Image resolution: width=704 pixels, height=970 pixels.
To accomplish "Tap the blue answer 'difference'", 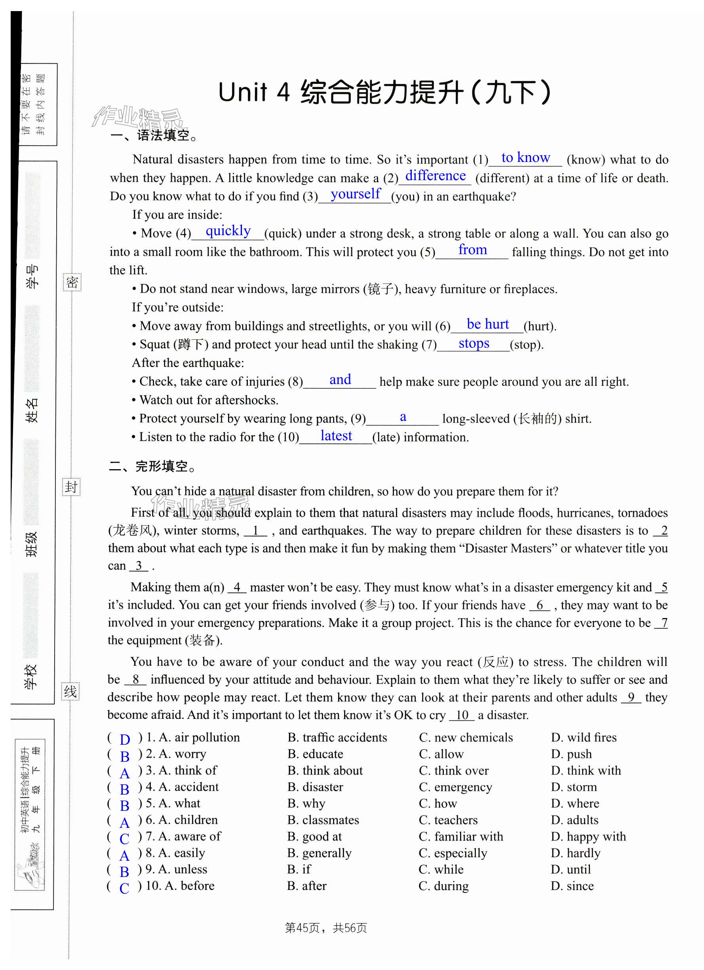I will [x=435, y=176].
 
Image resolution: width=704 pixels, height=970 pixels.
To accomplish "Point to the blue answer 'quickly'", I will [x=228, y=231].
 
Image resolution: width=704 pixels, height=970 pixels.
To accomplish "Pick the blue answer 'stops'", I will [x=474, y=343].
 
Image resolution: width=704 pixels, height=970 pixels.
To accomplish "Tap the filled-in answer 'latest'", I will [x=336, y=436].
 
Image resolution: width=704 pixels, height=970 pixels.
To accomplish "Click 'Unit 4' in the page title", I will [x=254, y=92].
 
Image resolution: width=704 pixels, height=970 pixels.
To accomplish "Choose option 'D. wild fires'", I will [x=583, y=737].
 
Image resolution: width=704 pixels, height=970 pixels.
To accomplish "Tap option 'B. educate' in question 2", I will [x=315, y=754].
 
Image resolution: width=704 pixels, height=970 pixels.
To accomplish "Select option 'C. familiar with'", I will [x=460, y=837].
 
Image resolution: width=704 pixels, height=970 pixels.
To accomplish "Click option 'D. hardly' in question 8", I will [x=575, y=853].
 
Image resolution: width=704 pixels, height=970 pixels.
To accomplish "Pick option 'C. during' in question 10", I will [x=443, y=886].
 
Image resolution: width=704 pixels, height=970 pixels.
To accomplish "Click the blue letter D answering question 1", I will [x=124, y=740].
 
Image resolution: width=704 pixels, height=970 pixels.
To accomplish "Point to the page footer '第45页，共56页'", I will [x=326, y=928].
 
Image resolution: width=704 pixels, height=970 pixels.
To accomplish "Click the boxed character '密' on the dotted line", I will [x=72, y=282].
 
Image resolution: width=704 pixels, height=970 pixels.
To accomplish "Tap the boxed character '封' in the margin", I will [x=71, y=487].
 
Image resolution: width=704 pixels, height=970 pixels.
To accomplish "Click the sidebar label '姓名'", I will [x=32, y=410].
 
